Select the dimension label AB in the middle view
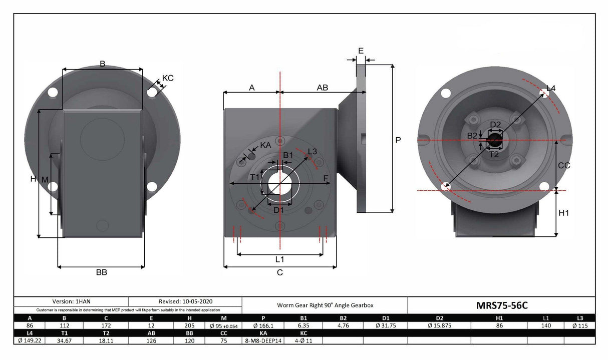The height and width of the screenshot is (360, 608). point(323,88)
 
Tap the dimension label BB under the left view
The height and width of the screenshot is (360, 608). point(102,272)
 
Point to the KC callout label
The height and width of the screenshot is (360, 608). point(168,78)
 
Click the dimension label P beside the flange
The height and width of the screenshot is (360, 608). point(398,141)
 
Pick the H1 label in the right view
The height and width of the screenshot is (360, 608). point(564,213)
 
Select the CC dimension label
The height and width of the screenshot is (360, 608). point(564,165)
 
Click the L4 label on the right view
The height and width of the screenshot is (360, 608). point(550,89)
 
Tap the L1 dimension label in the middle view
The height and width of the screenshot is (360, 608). point(279,259)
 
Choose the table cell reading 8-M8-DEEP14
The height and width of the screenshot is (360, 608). point(262,340)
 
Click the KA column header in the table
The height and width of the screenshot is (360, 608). point(262,333)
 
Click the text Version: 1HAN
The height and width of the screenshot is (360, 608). point(71,301)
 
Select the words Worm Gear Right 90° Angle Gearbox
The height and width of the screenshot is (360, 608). point(325,305)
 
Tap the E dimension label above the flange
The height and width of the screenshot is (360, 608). point(361,51)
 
